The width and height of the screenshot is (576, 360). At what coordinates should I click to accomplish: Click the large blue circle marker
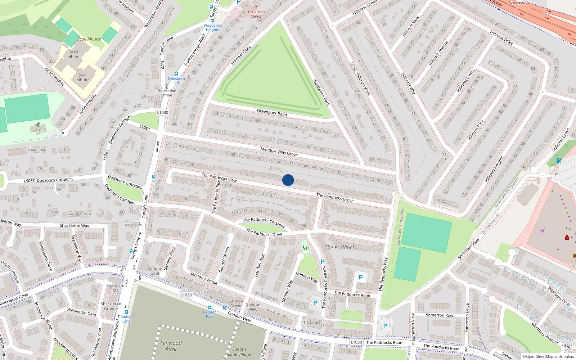coord(288,180)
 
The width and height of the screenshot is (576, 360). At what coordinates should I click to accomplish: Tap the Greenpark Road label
coord(272,113)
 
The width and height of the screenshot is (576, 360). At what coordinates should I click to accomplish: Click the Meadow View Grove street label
coord(279,152)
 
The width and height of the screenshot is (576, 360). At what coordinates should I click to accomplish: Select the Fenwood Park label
coord(171,346)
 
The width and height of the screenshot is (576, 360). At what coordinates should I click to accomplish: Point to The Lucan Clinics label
coord(256,14)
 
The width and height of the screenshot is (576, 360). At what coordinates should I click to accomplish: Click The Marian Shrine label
coord(166,93)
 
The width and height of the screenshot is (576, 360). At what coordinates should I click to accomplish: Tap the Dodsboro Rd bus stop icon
coord(176,73)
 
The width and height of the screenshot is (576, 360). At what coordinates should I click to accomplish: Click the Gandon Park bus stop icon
coord(210,307)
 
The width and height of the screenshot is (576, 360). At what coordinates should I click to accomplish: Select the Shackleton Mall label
coord(116,288)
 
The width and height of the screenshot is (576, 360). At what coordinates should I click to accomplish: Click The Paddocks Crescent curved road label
coord(264,222)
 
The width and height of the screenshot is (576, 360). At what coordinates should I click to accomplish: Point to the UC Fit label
coord(38,131)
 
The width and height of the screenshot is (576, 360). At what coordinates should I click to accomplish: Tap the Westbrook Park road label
coord(321,92)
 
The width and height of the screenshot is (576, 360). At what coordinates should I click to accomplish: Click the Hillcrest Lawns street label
coord(465,80)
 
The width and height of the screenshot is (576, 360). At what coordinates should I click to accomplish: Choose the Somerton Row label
coord(440,315)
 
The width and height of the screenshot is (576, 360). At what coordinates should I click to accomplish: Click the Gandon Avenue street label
coord(203,278)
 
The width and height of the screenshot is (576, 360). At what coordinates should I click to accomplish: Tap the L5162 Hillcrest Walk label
coord(360,78)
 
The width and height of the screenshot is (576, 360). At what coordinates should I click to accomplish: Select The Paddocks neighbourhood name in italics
coord(341,247)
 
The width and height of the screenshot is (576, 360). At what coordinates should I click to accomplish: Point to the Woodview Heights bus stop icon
coord(212,21)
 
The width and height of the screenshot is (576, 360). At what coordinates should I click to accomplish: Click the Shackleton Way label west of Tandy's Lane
coord(74,226)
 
